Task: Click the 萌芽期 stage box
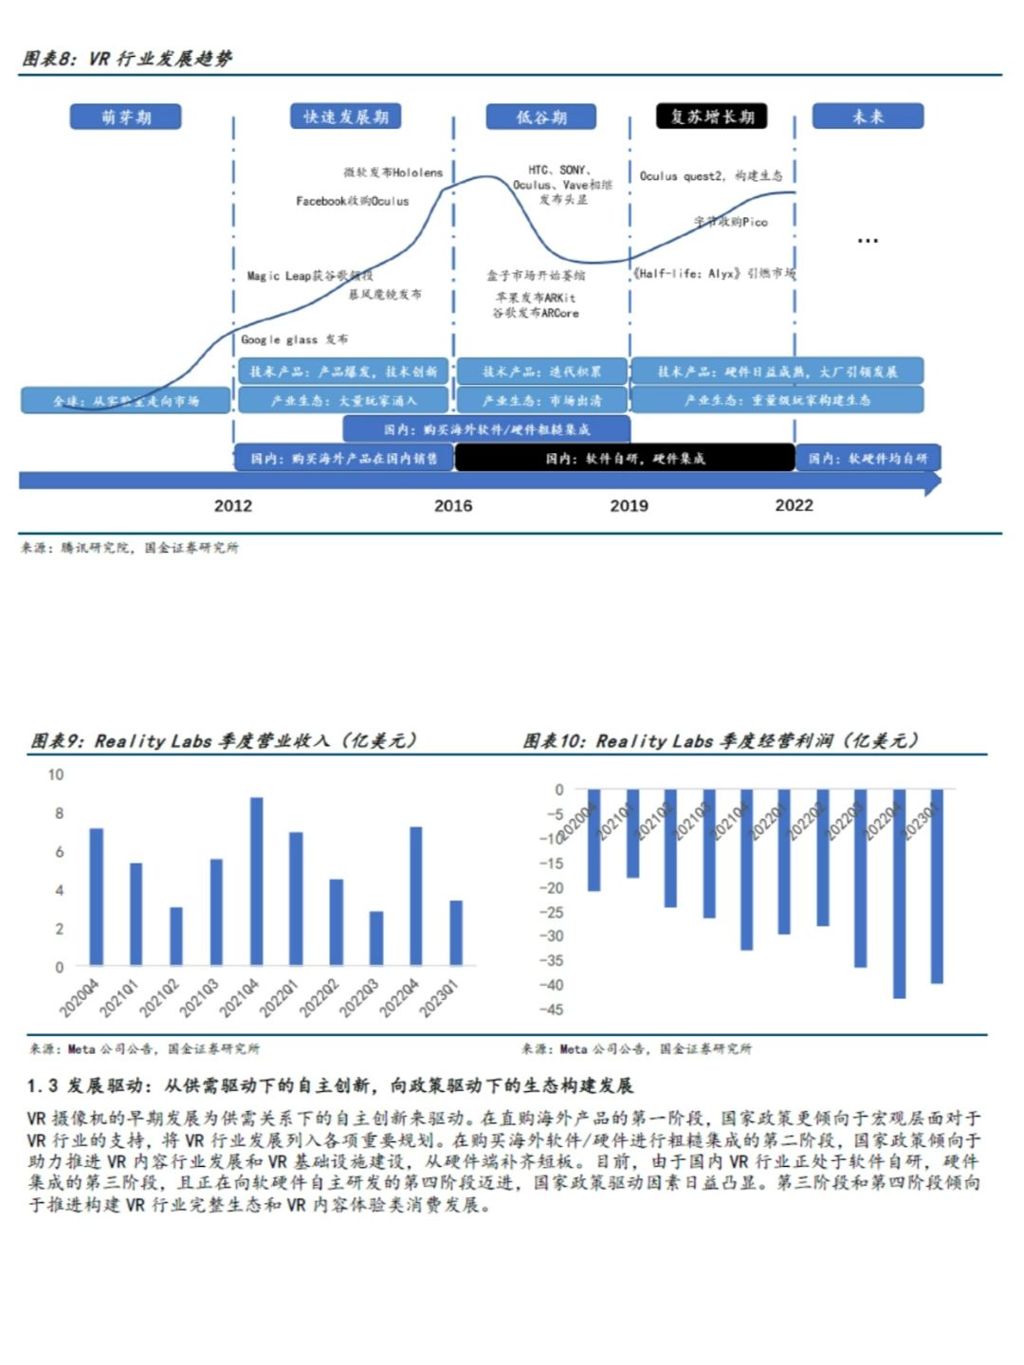point(125,117)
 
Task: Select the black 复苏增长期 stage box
point(711,117)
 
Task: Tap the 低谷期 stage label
point(541,117)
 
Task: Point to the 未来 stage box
point(867,117)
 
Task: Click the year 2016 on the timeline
point(453,505)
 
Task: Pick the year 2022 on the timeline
point(794,505)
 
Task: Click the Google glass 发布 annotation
point(294,339)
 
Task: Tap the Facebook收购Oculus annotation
point(352,201)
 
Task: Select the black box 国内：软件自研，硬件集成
point(624,458)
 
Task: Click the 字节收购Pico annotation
point(730,222)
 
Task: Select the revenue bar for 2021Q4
point(256,882)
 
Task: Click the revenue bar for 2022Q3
point(376,938)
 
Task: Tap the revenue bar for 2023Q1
point(456,933)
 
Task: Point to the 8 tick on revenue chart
point(59,813)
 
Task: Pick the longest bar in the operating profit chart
point(899,893)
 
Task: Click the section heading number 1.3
point(43,1085)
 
